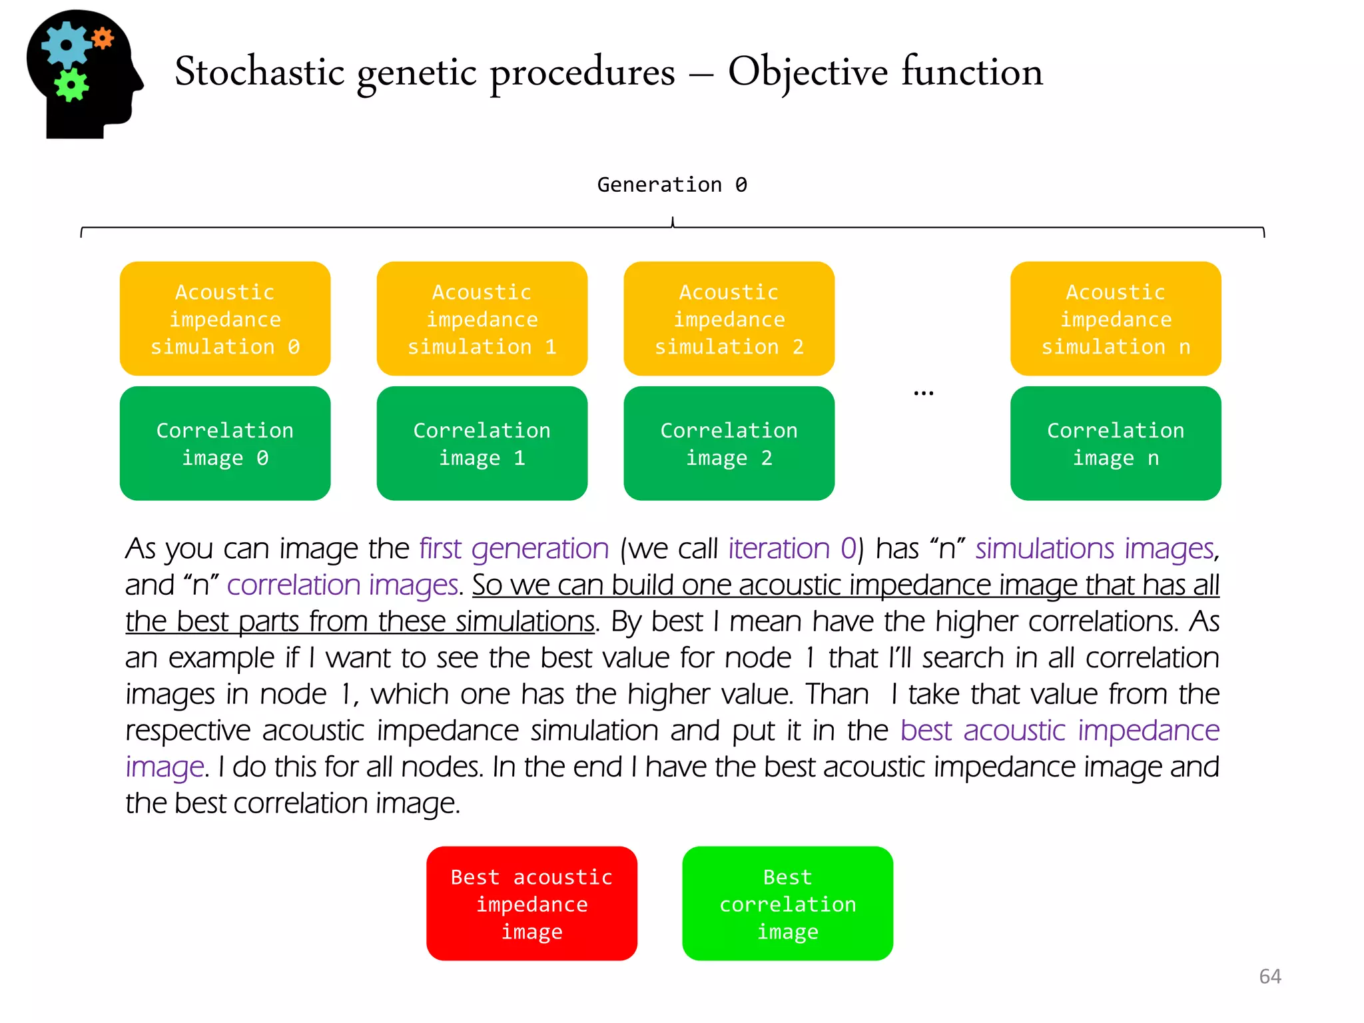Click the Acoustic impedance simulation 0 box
pos(225,318)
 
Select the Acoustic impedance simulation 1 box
pos(482,318)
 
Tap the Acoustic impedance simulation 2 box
pos(729,318)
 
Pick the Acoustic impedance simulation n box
pos(1116,318)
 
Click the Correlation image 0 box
pos(225,444)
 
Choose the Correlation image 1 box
pos(482,444)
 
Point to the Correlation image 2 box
pos(729,444)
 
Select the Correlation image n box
pos(1116,444)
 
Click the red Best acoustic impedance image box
pos(531,903)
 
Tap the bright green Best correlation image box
pos(787,903)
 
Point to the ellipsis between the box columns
pos(923,394)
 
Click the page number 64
pos(1269,976)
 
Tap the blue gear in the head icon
pos(66,45)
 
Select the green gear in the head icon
pos(71,85)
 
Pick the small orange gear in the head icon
pos(103,39)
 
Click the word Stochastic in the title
pos(259,72)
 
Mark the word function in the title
pos(972,72)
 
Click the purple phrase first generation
pos(513,549)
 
